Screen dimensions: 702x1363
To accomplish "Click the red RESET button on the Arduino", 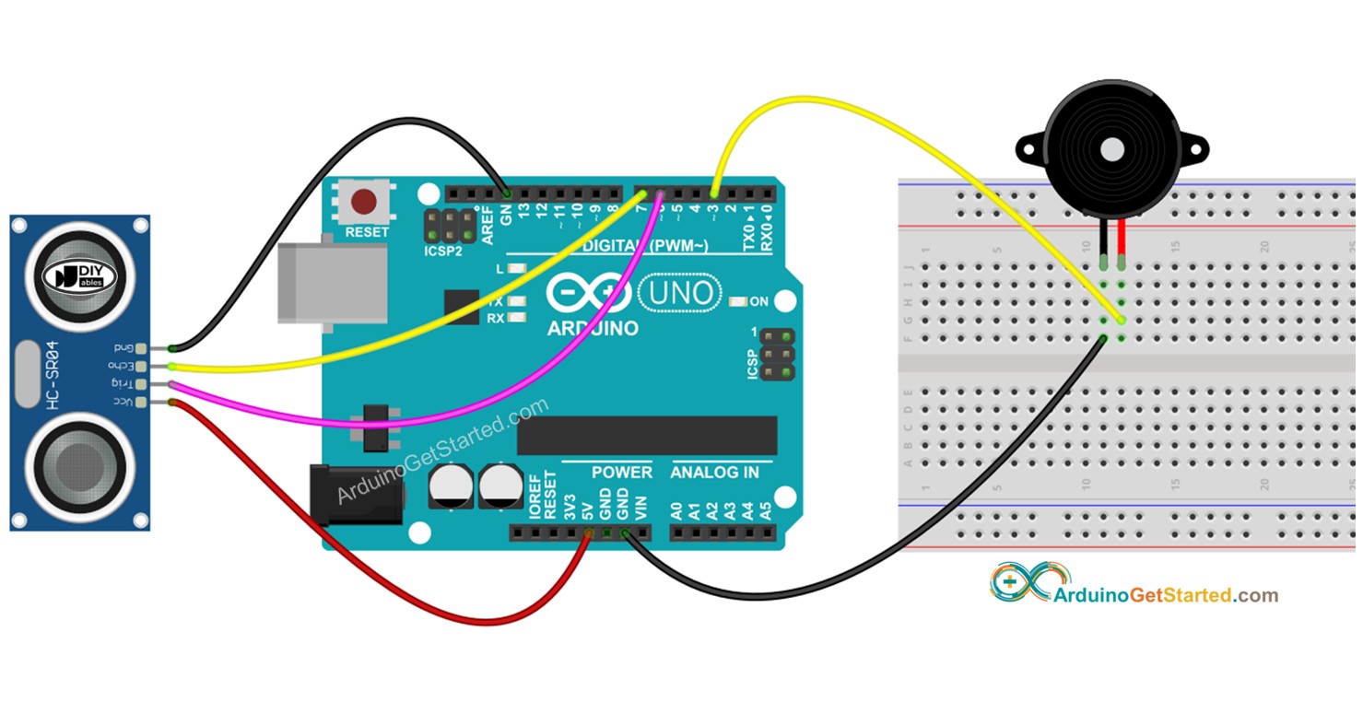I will (366, 202).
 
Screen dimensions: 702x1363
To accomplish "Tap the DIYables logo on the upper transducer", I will (84, 275).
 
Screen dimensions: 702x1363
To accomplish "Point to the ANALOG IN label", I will (714, 473).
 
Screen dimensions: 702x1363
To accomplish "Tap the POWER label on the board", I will (621, 473).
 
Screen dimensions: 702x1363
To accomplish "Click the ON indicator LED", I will (737, 302).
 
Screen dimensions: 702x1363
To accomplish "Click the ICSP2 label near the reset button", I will (443, 251).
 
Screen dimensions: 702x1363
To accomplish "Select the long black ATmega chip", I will (646, 435).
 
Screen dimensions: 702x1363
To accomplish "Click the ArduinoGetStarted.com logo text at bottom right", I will (1165, 595).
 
